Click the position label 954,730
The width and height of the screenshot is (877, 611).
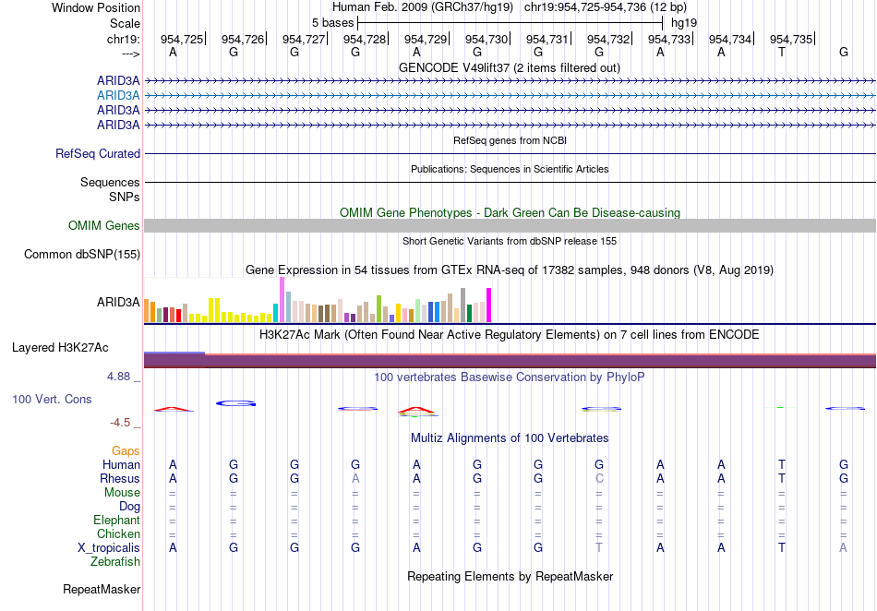(x=486, y=39)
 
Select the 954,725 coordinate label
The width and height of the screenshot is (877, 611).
(x=182, y=39)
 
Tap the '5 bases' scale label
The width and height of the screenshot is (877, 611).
(x=332, y=23)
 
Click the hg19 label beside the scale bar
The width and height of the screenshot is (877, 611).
(x=684, y=23)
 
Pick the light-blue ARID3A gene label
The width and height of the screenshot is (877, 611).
(x=118, y=96)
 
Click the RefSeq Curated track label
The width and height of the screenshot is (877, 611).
(x=98, y=154)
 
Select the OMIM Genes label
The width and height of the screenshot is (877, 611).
(x=104, y=226)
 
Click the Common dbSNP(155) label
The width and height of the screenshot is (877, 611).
(x=82, y=255)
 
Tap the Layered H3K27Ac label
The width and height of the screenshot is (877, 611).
(x=60, y=348)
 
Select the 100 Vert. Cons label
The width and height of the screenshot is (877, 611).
(x=52, y=399)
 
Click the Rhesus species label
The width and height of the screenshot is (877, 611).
(x=120, y=478)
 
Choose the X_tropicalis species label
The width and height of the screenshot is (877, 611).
(x=109, y=548)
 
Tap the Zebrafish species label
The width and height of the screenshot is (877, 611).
(x=115, y=562)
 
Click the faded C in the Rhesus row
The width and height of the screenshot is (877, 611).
(x=599, y=478)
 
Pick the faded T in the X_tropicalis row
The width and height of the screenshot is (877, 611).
(x=599, y=548)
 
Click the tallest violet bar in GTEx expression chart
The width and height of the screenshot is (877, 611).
(x=282, y=300)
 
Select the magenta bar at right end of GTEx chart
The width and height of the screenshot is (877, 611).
(x=489, y=305)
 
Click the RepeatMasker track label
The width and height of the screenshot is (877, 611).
(x=102, y=589)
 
